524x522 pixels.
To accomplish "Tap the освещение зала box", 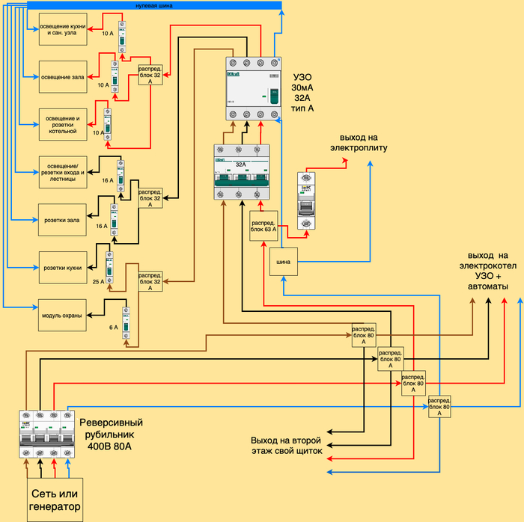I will tap(63, 77).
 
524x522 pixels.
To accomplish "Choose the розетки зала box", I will tap(63, 220).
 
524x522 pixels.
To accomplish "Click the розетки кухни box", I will tap(63, 266).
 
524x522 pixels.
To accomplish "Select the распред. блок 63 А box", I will tap(263, 226).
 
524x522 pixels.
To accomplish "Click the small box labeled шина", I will tap(284, 261).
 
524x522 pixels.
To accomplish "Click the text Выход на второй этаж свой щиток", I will tap(287, 446).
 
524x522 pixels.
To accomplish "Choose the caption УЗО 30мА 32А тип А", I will tap(302, 93).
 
